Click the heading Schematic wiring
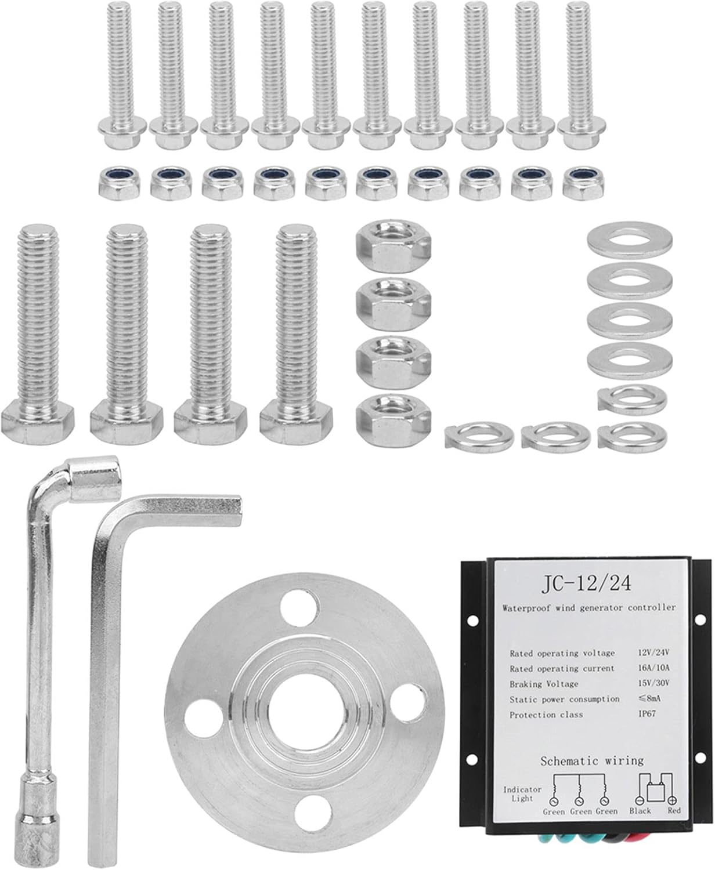pyautogui.click(x=592, y=760)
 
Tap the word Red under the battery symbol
pyautogui.click(x=674, y=811)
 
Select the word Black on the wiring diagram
pyautogui.click(x=640, y=811)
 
